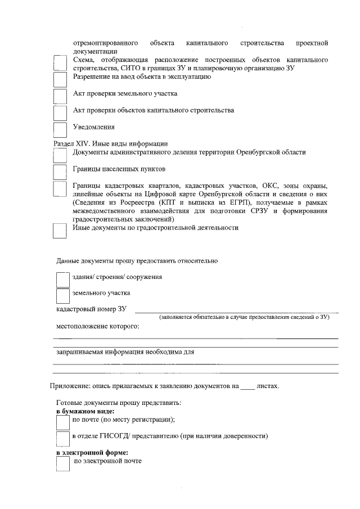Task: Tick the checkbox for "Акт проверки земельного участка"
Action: [x=60, y=96]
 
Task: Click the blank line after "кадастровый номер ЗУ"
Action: [x=236, y=310]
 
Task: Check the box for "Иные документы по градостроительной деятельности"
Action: [x=60, y=231]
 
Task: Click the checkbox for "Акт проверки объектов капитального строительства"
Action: [x=60, y=113]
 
